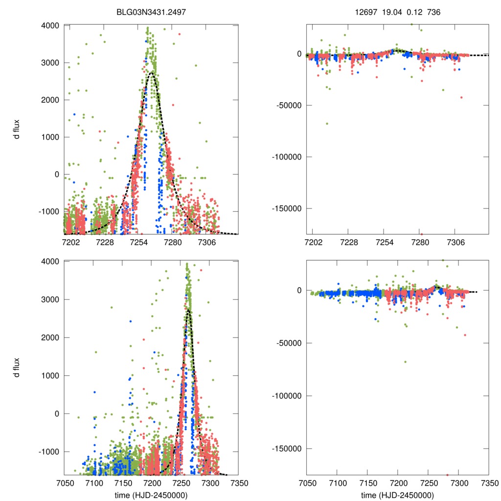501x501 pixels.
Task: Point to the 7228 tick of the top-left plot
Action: pos(105,242)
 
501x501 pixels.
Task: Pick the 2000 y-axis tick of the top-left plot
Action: pos(50,100)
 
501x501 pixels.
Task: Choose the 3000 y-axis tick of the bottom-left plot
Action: pos(50,299)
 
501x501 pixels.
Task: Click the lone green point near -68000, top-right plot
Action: pos(327,123)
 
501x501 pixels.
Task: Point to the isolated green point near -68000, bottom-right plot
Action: pos(405,362)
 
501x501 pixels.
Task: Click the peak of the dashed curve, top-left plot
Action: pos(152,72)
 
